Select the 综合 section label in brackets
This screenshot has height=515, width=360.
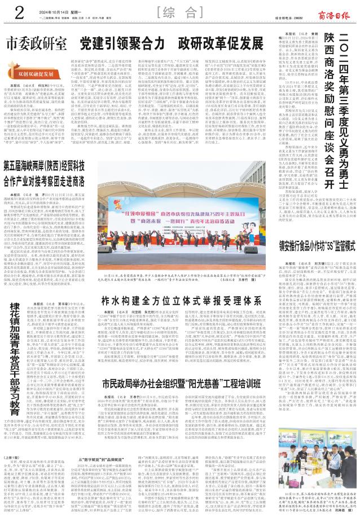[180, 11]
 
